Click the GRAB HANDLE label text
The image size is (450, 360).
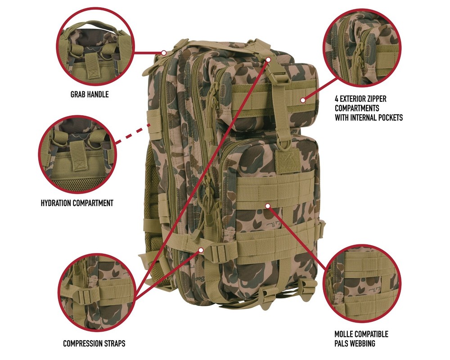[x=89, y=95]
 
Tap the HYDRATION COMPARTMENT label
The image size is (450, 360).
[x=76, y=203]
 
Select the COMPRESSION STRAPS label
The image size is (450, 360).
[x=94, y=343]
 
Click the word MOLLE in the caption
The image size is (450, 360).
[x=346, y=334]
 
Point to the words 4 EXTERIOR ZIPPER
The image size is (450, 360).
[x=360, y=98]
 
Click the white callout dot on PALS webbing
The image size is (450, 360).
[x=268, y=206]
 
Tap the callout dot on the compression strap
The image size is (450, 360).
[x=201, y=249]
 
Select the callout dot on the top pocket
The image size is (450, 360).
[x=303, y=100]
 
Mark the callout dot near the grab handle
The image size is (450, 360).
[x=164, y=53]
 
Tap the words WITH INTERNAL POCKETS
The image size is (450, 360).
[x=369, y=117]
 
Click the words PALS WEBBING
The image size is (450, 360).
[x=355, y=344]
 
